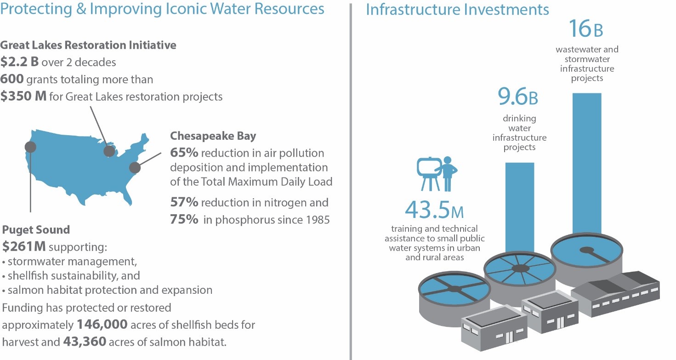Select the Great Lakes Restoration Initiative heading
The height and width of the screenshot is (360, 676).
[88, 45]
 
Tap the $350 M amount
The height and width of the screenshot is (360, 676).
[23, 97]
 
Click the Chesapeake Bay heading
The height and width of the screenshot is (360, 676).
[213, 136]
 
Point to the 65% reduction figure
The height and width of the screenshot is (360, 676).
[184, 153]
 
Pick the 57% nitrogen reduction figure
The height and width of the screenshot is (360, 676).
[184, 202]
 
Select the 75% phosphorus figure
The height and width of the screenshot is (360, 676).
[184, 220]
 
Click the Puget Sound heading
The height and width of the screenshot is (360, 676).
[36, 229]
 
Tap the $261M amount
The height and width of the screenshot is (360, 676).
[24, 247]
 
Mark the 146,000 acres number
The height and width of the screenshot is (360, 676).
[102, 325]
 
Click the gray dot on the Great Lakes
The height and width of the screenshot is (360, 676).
[109, 151]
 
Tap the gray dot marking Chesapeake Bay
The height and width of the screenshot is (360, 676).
[134, 167]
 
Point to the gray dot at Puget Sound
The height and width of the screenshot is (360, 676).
[30, 147]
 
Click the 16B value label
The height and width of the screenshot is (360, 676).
[585, 29]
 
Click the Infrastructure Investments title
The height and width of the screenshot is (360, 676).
[457, 10]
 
